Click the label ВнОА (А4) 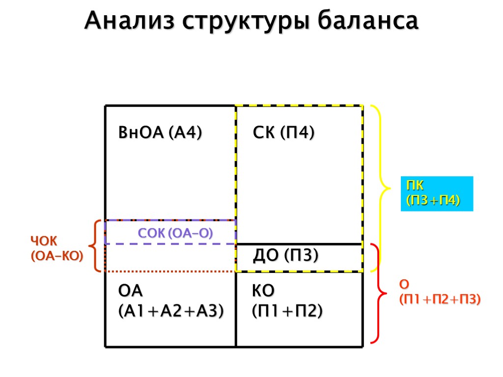tap(160, 133)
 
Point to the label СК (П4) tap(283, 133)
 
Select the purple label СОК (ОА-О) tap(175, 233)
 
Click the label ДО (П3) tap(285, 256)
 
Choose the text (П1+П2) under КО tap(287, 310)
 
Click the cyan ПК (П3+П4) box tap(436, 193)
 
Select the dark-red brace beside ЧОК tap(96, 245)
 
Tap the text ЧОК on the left tap(44, 241)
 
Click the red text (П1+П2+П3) tap(440, 299)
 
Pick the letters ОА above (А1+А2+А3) tap(130, 291)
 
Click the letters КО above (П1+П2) tap(263, 291)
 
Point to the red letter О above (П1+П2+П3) tap(404, 284)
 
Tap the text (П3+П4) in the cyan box tap(432, 200)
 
